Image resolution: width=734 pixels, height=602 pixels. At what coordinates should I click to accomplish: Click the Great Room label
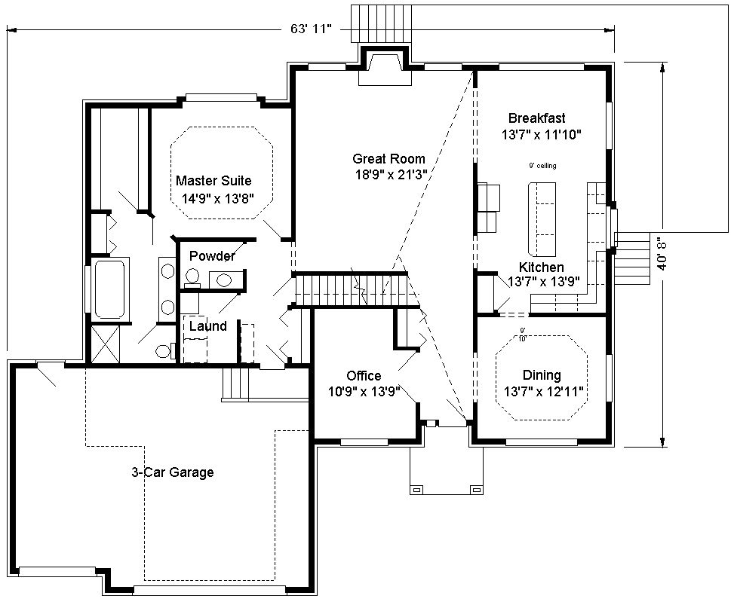click(x=388, y=158)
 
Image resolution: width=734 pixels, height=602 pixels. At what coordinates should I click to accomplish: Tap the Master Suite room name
click(x=213, y=181)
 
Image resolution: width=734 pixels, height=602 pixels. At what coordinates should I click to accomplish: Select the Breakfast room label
click(x=536, y=118)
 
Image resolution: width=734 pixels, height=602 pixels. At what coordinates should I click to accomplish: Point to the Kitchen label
click(x=541, y=267)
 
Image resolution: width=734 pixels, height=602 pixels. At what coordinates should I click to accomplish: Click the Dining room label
click(x=542, y=375)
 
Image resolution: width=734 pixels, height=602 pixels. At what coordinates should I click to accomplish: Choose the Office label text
click(x=364, y=375)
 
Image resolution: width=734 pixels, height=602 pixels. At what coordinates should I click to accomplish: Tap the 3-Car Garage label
click(x=172, y=472)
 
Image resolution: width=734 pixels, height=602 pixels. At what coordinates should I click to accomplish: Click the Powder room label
click(x=212, y=256)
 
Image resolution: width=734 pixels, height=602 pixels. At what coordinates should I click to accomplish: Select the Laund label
click(x=207, y=326)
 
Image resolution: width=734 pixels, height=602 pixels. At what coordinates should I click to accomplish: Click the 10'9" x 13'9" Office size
click(x=364, y=392)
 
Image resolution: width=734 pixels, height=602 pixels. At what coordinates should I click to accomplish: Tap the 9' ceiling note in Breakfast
click(x=542, y=166)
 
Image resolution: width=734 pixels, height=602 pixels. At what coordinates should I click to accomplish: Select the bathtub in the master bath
click(x=110, y=289)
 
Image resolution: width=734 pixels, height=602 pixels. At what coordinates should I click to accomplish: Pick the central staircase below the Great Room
click(x=355, y=289)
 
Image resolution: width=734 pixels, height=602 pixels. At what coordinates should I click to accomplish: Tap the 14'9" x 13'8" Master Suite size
click(x=217, y=199)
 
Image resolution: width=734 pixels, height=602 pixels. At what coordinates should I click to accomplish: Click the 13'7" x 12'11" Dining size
click(x=543, y=392)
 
